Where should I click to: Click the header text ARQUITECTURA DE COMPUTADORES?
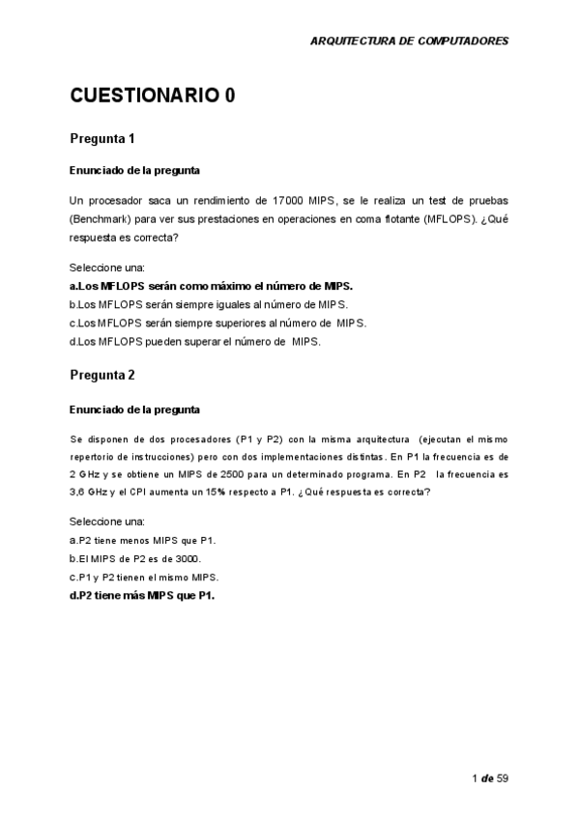coord(408,42)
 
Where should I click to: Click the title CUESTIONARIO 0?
coord(152,96)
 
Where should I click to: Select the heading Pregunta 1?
coord(102,139)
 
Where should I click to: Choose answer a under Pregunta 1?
coord(211,286)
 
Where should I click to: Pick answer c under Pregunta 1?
coord(217,323)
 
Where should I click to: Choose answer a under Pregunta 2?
coord(142,540)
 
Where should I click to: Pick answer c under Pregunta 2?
coord(144,577)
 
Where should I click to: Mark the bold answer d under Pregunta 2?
coord(141,595)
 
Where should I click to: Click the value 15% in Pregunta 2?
coord(268,493)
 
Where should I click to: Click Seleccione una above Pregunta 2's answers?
coord(106,522)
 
